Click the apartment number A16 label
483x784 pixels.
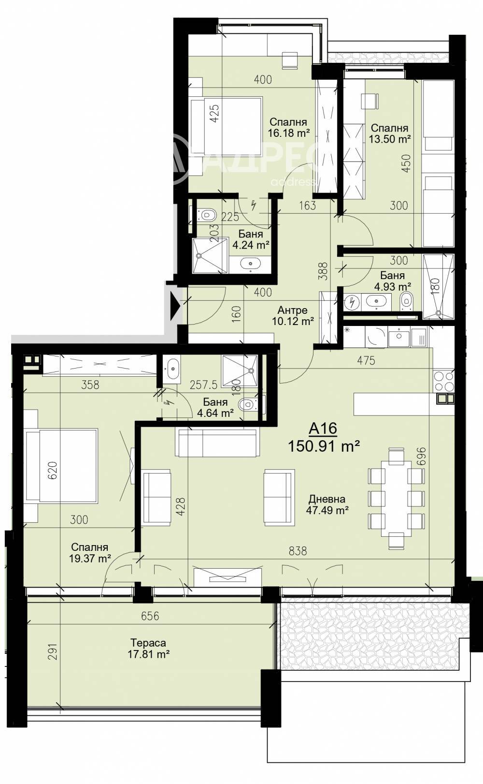[x=323, y=429]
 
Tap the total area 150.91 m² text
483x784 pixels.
[x=324, y=446]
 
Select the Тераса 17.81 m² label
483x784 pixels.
[x=149, y=648]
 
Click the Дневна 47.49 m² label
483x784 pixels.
[x=327, y=504]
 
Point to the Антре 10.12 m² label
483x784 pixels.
[x=293, y=315]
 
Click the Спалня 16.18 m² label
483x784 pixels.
[x=289, y=127]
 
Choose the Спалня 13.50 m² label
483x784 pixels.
[x=390, y=133]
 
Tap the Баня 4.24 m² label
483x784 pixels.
[x=251, y=239]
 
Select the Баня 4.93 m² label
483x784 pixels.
[x=393, y=281]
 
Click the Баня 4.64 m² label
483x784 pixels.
[x=215, y=408]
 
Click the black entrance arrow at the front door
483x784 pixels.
[x=175, y=307]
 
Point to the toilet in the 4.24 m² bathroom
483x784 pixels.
[x=207, y=214]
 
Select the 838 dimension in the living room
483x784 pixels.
[x=298, y=551]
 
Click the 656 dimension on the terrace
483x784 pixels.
[x=150, y=616]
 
